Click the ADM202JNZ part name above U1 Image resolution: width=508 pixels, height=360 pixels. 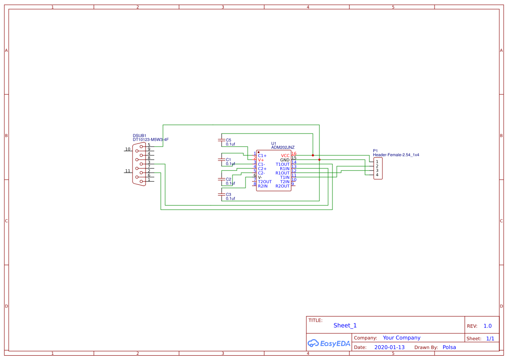coord(282,147)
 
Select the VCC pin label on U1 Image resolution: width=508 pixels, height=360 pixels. coord(285,156)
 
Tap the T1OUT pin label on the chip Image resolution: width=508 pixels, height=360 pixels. coord(282,164)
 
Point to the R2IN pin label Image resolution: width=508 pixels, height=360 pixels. coord(263,186)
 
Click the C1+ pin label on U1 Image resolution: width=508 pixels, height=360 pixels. coord(262,156)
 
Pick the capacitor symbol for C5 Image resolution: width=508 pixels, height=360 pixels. coord(222,140)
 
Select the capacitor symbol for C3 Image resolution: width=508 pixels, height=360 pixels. coord(222,194)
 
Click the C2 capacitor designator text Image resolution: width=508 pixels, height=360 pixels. coord(229,179)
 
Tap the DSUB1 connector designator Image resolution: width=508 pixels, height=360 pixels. coord(139,136)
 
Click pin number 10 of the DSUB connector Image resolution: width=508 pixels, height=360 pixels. coord(128,149)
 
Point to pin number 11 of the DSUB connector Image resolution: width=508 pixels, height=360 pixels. coord(128,171)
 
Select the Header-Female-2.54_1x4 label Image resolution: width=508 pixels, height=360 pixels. coord(395,155)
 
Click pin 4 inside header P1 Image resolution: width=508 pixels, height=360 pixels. coord(377,175)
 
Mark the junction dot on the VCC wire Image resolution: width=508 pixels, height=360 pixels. coord(313,155)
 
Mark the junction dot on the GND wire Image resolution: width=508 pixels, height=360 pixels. coord(319,160)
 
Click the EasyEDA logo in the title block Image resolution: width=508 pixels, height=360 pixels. coord(329,343)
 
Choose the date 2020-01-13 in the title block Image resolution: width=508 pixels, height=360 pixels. coord(389,347)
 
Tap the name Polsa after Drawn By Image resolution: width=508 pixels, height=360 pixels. coord(449,347)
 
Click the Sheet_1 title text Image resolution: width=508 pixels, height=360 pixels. coord(345,325)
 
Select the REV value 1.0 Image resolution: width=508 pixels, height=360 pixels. coord(487,326)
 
